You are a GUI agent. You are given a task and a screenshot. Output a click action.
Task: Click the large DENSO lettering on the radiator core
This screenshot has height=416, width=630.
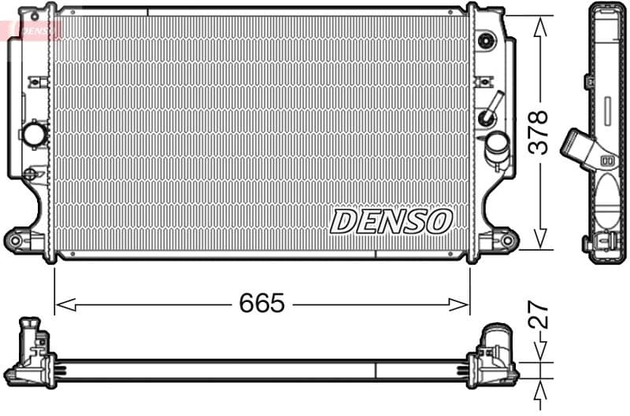click(x=391, y=222)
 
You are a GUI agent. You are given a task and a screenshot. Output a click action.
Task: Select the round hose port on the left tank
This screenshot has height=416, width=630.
click(x=35, y=134)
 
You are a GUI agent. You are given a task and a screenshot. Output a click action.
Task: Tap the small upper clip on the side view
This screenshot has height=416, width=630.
click(x=589, y=81)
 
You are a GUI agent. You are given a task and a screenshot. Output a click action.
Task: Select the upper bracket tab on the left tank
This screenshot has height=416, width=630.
click(x=35, y=82)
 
